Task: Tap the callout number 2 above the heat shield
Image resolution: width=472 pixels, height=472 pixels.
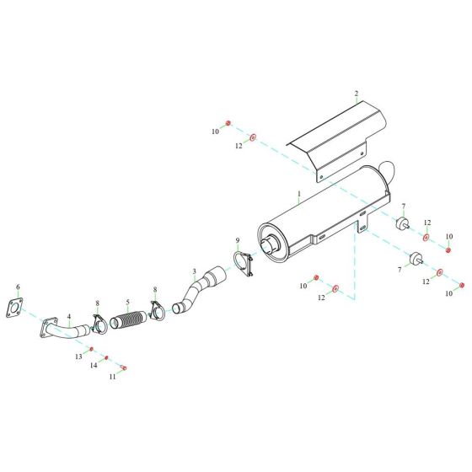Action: tap(356, 94)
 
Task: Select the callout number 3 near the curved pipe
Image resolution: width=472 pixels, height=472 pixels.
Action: tap(194, 272)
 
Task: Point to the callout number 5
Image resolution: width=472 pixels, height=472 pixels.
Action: tap(128, 303)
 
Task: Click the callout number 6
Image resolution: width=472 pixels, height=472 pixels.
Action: tap(18, 287)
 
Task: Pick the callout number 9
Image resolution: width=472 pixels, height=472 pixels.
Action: tap(238, 241)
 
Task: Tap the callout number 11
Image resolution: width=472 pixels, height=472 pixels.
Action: tap(112, 376)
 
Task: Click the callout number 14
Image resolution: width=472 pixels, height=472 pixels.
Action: tap(94, 366)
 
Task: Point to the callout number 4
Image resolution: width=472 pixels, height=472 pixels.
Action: tap(68, 319)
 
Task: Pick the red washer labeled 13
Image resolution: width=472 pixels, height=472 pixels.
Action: tap(91, 347)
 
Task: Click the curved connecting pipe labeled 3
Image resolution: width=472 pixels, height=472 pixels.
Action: tap(201, 291)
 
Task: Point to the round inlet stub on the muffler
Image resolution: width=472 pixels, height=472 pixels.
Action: tap(271, 247)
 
